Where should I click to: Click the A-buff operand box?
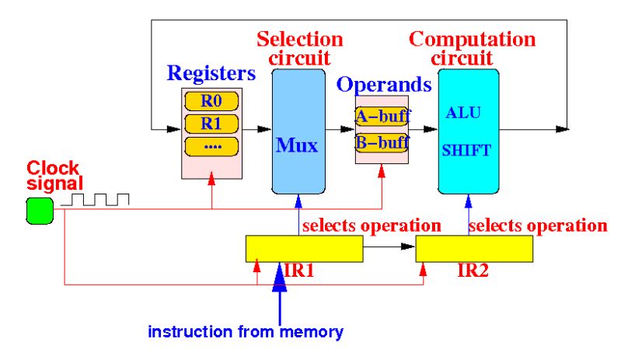tap(382, 117)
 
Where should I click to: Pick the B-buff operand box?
tap(382, 142)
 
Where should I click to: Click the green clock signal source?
tap(39, 210)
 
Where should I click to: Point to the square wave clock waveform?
tap(95, 201)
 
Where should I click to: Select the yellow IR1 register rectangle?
tap(304, 249)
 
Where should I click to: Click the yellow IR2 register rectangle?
tap(474, 249)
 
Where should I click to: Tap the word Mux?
tap(297, 146)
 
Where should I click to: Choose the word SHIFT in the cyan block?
tap(466, 152)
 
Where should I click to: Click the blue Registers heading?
tap(211, 75)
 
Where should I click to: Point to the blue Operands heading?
tap(383, 85)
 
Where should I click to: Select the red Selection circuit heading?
tap(299, 48)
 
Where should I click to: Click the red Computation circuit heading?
tap(472, 48)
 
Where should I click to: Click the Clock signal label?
tap(54, 176)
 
